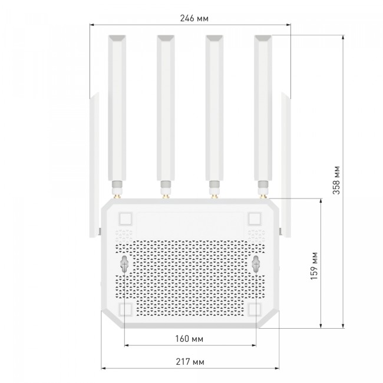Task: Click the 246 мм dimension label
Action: pos(194,18)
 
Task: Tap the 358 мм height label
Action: pos(336,180)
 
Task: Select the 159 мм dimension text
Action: pos(314,266)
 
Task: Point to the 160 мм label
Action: pos(189,339)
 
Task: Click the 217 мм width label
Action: pos(190,362)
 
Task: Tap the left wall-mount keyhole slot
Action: pos(124,265)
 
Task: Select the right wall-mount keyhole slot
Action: pos(256,265)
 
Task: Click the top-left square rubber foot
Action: pos(126,219)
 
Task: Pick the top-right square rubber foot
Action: pos(255,219)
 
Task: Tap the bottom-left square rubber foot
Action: pos(126,309)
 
